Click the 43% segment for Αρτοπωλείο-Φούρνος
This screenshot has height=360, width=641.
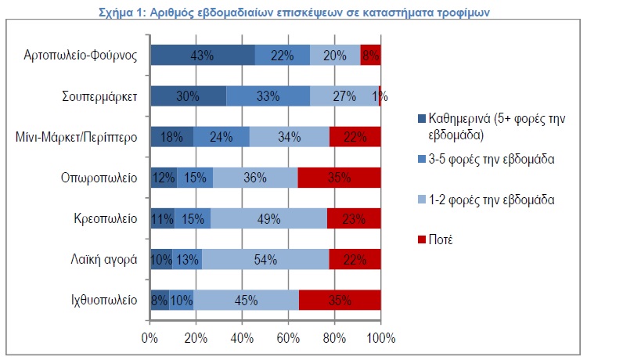point(202,55)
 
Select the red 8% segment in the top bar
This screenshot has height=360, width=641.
point(370,55)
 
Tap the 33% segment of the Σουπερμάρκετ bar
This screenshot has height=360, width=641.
point(268,96)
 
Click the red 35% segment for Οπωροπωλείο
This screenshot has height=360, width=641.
point(339,178)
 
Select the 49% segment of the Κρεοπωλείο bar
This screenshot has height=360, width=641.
point(268,218)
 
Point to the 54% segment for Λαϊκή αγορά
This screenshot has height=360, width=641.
point(265,259)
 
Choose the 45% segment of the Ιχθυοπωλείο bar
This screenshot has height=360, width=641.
point(247,300)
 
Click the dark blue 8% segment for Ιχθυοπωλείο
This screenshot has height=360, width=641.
point(159,300)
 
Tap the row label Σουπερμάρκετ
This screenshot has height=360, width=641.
point(100,96)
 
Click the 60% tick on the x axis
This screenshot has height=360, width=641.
point(288,338)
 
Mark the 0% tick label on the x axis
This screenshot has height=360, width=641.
point(149,338)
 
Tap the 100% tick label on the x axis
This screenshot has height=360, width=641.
point(380,338)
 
